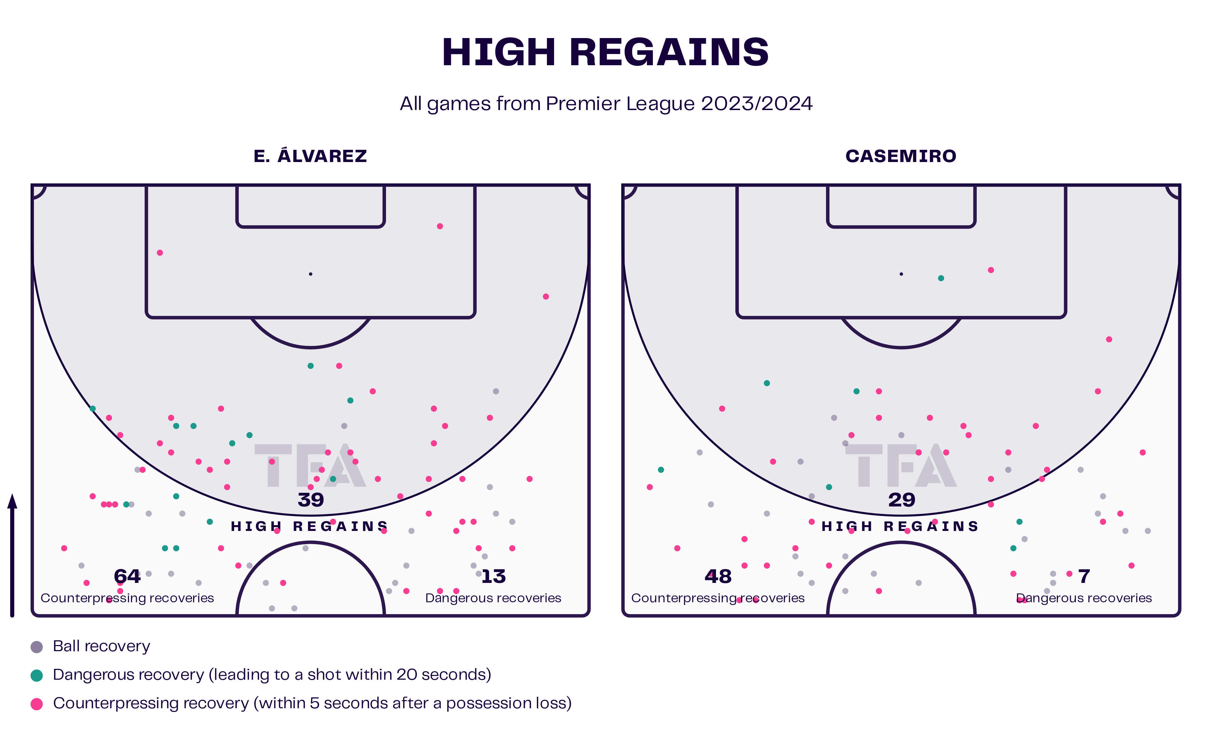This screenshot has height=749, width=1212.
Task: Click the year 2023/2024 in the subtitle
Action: click(756, 104)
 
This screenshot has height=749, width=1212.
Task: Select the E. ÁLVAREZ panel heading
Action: click(310, 156)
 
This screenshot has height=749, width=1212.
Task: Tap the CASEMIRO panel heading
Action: click(901, 156)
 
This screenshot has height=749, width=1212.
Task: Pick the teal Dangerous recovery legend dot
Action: click(37, 676)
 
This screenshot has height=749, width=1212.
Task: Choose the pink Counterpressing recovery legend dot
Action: click(37, 704)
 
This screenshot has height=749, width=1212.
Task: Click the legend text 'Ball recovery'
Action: click(102, 646)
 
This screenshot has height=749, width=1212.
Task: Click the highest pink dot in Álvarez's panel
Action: click(440, 226)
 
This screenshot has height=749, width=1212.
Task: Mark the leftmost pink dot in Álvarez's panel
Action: click(64, 548)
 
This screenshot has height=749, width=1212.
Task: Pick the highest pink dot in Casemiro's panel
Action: click(991, 270)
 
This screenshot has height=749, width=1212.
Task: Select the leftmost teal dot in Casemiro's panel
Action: click(661, 469)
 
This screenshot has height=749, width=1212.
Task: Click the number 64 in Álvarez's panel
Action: click(127, 576)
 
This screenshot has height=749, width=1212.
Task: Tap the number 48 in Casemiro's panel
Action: click(718, 576)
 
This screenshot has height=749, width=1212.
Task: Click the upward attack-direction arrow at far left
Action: click(12, 555)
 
